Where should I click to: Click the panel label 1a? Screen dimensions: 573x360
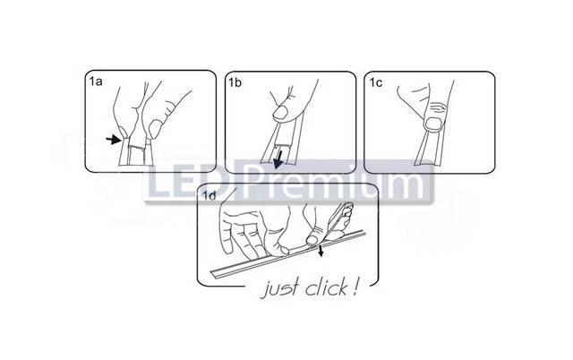point(96,81)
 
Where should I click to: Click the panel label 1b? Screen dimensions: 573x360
point(235,82)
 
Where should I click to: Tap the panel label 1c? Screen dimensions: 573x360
point(375,83)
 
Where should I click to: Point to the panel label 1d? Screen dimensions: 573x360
point(210,196)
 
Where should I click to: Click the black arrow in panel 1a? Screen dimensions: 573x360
point(114,139)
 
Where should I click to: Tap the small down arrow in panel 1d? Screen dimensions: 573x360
point(321,252)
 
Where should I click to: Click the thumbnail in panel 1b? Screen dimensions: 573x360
point(280,113)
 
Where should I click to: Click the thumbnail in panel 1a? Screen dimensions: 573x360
point(155,129)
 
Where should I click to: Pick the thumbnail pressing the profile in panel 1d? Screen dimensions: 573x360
point(312,240)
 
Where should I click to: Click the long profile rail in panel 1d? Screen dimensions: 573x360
point(287,254)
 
